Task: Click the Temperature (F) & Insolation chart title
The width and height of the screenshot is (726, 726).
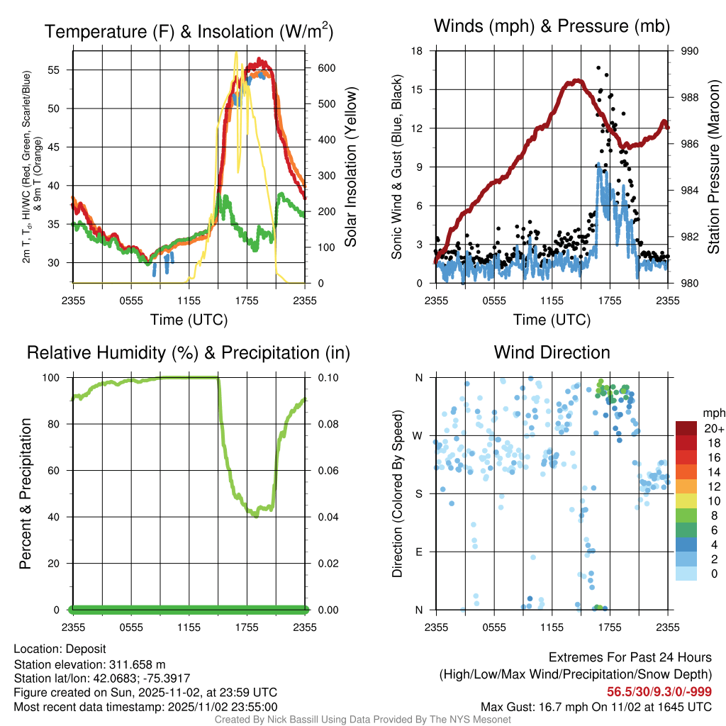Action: [189, 31]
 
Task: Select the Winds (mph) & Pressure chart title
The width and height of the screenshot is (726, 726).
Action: [552, 26]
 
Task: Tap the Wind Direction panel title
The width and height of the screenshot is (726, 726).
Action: [552, 352]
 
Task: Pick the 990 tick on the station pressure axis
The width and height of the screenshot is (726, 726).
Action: [689, 51]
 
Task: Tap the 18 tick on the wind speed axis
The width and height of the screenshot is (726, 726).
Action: [418, 51]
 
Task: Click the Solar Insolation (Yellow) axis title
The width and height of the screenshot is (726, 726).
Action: [350, 167]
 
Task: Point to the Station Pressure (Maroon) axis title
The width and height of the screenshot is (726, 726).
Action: [713, 167]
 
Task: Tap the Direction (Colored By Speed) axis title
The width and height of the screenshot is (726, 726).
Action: [397, 493]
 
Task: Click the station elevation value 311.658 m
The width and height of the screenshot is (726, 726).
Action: [137, 664]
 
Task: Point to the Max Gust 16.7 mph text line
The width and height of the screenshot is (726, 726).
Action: [596, 706]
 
